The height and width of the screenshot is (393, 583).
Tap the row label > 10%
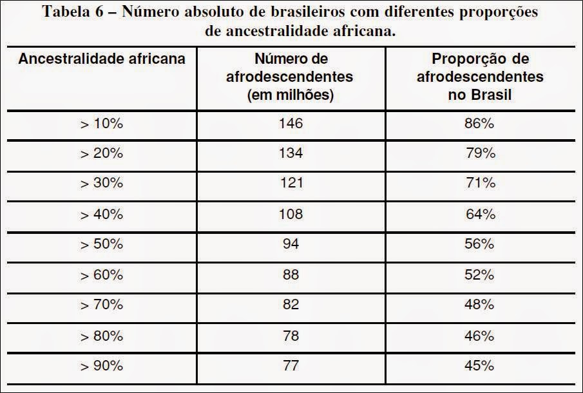click(x=101, y=124)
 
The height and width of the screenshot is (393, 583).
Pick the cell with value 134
click(x=291, y=153)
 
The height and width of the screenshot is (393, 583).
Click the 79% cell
click(x=481, y=153)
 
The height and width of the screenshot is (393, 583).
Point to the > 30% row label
click(x=101, y=184)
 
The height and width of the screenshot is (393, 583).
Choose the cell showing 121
click(x=291, y=183)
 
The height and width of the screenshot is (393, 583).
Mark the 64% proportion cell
click(x=479, y=214)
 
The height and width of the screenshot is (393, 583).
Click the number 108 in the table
click(x=291, y=214)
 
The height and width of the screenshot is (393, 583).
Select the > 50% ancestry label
click(x=101, y=245)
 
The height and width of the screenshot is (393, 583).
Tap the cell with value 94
click(x=291, y=244)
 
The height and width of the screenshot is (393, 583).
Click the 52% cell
click(x=479, y=274)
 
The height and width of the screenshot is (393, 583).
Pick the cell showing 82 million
click(x=291, y=305)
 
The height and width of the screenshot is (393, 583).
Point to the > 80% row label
click(x=101, y=336)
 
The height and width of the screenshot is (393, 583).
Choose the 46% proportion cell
click(x=479, y=336)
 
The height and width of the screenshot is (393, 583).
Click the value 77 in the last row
click(x=291, y=366)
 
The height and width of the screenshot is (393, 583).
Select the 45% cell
click(x=479, y=366)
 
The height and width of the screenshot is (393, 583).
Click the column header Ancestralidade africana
click(x=102, y=59)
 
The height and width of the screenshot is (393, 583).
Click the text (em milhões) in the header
click(x=291, y=95)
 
